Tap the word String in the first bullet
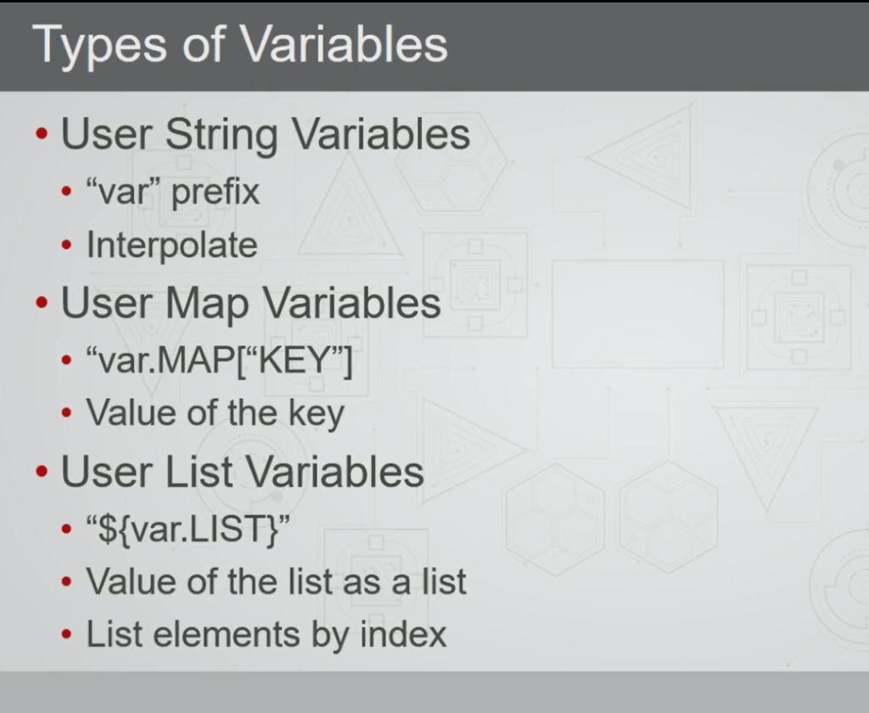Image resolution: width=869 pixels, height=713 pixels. [221, 135]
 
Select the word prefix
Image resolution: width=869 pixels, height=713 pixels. [215, 193]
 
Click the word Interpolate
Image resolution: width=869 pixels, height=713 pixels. [171, 245]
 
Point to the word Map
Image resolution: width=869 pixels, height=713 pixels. [207, 305]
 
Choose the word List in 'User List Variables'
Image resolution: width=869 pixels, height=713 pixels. [199, 473]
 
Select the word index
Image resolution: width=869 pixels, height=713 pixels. [403, 634]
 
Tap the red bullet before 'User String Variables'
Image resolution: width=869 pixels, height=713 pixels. [42, 134]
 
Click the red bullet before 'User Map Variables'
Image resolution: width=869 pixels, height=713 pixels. [42, 303]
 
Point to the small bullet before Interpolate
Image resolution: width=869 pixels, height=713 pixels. [66, 245]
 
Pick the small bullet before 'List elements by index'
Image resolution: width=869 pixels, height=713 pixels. [66, 635]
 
